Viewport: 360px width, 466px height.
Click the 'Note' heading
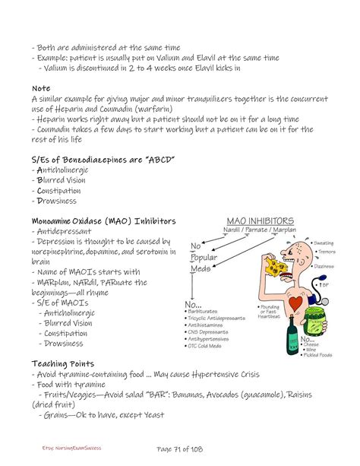(x=41, y=88)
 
